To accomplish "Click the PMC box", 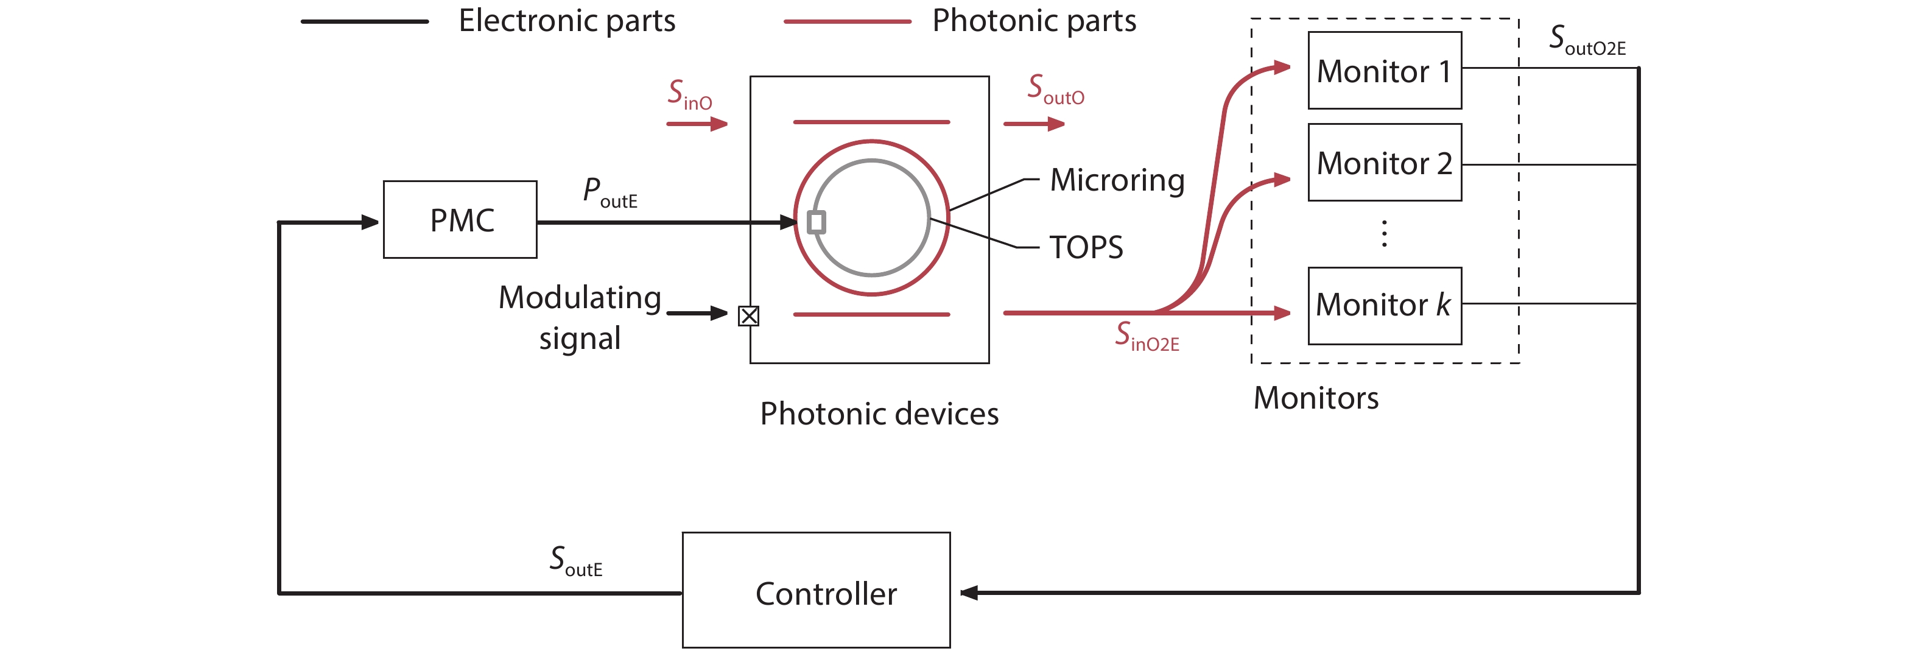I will [460, 220].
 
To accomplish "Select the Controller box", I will [816, 590].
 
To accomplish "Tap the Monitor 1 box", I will [1384, 71].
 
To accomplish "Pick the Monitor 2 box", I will [1384, 163].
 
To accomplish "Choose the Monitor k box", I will [1384, 305].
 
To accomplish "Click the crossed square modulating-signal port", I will [748, 316].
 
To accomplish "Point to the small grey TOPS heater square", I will [816, 222].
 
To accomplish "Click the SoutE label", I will [575, 561].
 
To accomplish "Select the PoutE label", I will [609, 192].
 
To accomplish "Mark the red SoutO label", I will [1056, 90].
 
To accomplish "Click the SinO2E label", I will [1147, 336].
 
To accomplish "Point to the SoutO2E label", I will [1587, 40].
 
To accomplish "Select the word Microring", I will [1117, 180].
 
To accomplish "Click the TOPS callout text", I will [1086, 247].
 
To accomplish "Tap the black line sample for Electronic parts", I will [364, 21].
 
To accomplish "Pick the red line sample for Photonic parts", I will [848, 21].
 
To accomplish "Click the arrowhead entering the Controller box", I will [968, 593].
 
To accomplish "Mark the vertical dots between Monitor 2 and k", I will [1384, 234].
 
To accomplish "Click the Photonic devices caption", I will [879, 414].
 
